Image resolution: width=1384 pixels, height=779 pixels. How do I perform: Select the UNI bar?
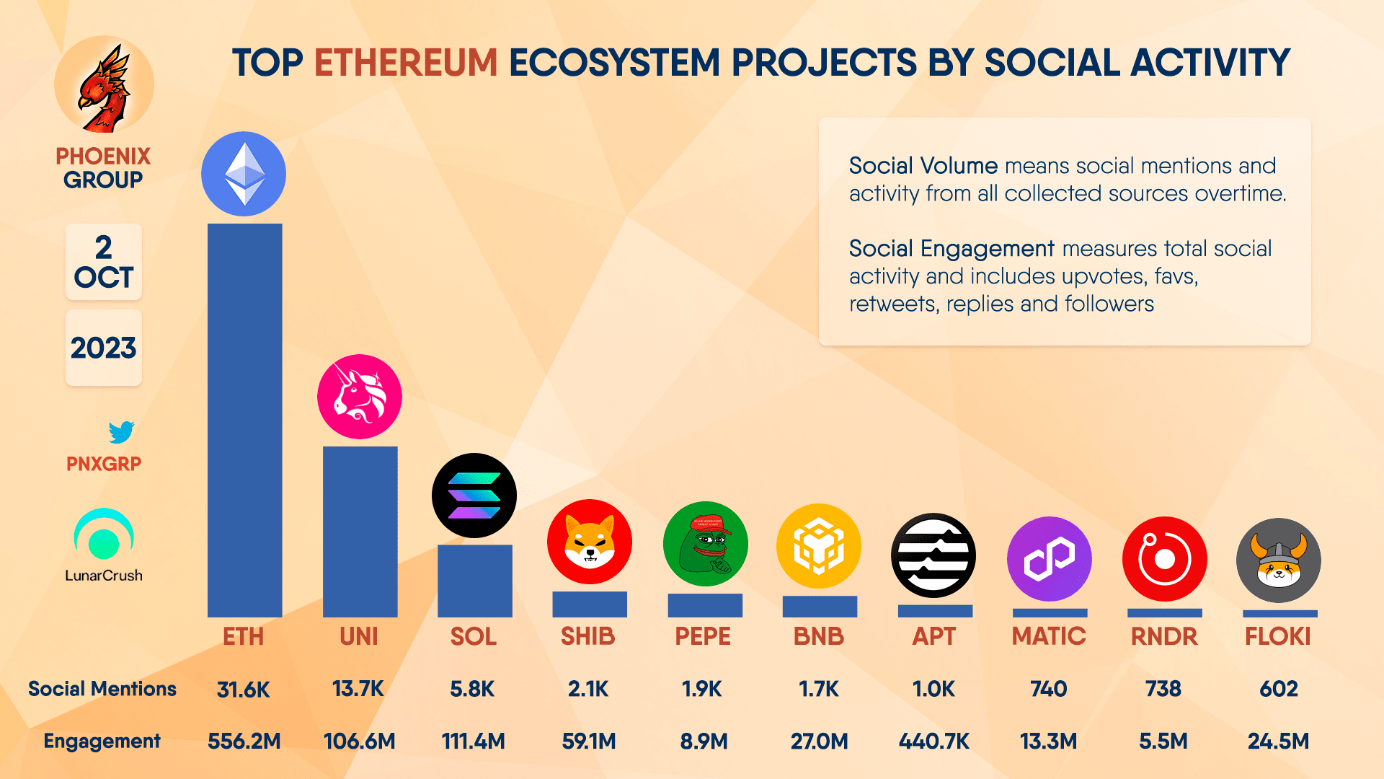tap(360, 532)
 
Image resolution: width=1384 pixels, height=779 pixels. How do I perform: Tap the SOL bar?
tap(474, 581)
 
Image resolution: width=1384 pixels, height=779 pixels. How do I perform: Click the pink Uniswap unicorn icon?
tap(360, 397)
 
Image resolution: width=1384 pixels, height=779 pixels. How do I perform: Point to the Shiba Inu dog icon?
tap(589, 542)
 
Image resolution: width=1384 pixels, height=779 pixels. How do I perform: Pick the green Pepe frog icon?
tap(705, 544)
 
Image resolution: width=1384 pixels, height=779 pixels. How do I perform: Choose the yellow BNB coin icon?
tap(819, 546)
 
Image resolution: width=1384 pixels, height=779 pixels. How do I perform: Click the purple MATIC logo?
tap(1049, 559)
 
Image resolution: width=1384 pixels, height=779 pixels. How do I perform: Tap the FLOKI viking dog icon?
tap(1278, 560)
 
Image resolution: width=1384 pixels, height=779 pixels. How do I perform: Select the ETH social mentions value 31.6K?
tap(244, 690)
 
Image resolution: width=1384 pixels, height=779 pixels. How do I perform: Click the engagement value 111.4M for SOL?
tap(473, 741)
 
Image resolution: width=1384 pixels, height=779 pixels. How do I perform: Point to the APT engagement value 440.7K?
tap(933, 741)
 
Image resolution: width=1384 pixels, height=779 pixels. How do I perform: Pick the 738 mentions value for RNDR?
tap(1163, 689)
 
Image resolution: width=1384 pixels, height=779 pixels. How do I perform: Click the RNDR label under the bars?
tap(1163, 636)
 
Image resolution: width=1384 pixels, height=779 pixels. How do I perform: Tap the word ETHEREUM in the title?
tap(406, 63)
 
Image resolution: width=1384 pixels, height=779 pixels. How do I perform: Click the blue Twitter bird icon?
tap(121, 432)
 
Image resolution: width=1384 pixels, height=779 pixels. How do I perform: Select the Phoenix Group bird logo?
tap(105, 87)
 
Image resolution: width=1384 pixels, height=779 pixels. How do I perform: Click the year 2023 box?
tap(104, 348)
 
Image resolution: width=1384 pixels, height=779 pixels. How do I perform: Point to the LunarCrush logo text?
tap(104, 576)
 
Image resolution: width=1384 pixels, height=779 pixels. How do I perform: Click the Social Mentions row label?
tap(102, 689)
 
